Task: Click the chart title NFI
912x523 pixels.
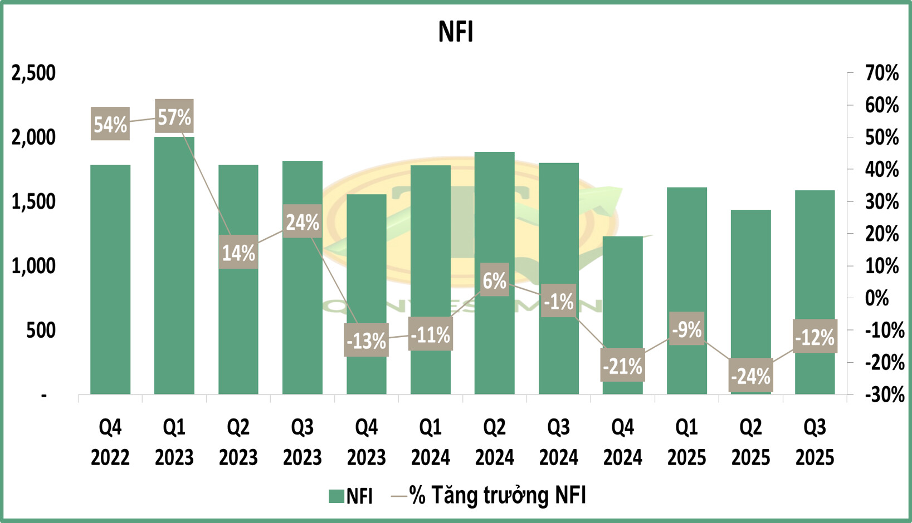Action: click(456, 32)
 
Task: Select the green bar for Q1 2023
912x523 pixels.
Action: click(174, 267)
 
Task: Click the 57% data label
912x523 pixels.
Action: click(174, 117)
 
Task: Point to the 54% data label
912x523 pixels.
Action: click(110, 124)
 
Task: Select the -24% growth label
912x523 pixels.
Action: click(750, 376)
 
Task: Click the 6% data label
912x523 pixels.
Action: click(494, 280)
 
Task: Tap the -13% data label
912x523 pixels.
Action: click(366, 340)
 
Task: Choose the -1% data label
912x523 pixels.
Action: click(559, 302)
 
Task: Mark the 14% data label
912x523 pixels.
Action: click(238, 253)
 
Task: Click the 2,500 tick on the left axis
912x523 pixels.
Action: click(34, 73)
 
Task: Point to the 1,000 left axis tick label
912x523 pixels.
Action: click(34, 266)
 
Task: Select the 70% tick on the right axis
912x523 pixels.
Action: click(882, 73)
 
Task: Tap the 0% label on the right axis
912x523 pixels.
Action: click(877, 298)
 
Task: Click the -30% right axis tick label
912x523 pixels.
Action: click(885, 394)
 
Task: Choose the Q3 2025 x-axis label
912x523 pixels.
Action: click(815, 442)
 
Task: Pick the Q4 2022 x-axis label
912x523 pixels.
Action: click(110, 442)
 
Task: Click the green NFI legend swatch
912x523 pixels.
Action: click(336, 496)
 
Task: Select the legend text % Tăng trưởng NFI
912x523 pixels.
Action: click(497, 495)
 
